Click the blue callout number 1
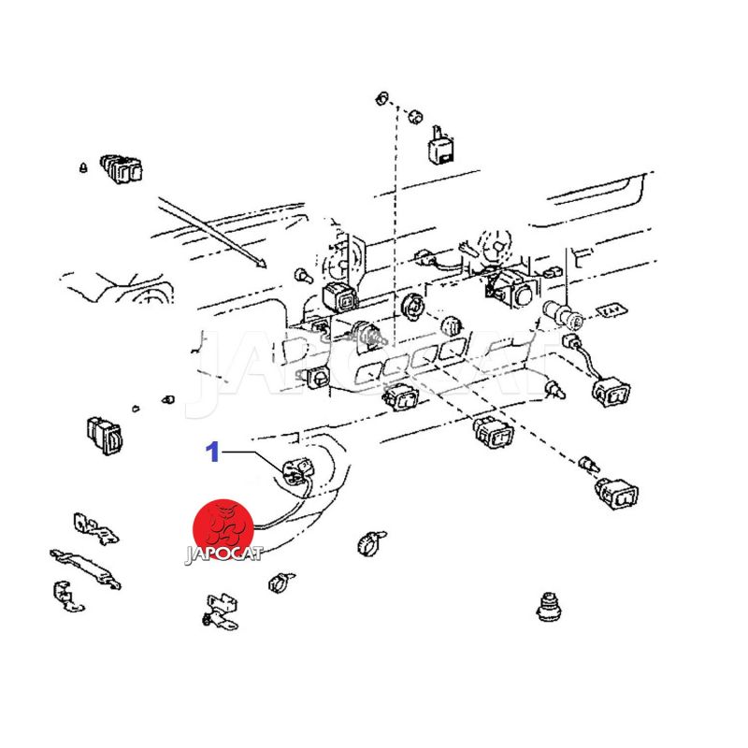point(212,452)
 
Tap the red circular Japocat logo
point(223,528)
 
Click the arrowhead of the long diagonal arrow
point(261,263)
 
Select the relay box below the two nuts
point(440,145)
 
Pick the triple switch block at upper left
point(122,168)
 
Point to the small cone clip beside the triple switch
point(83,167)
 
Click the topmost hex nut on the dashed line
point(382,99)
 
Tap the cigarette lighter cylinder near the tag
point(564,314)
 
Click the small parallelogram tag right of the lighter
point(612,311)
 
